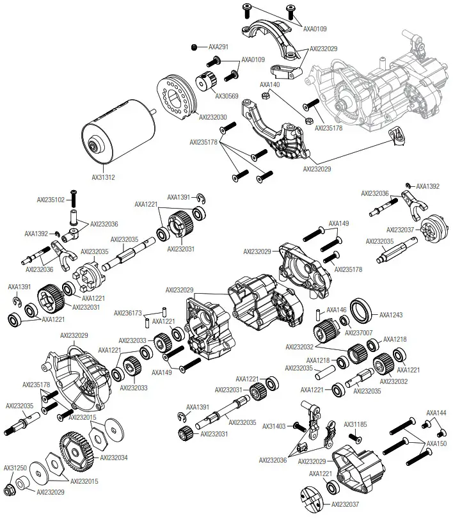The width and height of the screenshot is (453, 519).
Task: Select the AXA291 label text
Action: tap(219, 47)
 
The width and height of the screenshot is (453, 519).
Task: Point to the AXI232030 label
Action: tap(212, 117)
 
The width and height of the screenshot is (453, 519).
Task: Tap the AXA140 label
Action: tap(269, 84)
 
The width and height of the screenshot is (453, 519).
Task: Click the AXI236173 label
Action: tap(129, 313)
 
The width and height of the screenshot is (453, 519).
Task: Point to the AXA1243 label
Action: tap(391, 315)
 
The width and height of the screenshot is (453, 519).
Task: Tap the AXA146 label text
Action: tap(337, 310)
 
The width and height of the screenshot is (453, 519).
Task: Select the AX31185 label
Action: tap(356, 424)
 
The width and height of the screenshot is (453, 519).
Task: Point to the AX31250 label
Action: tap(15, 468)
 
